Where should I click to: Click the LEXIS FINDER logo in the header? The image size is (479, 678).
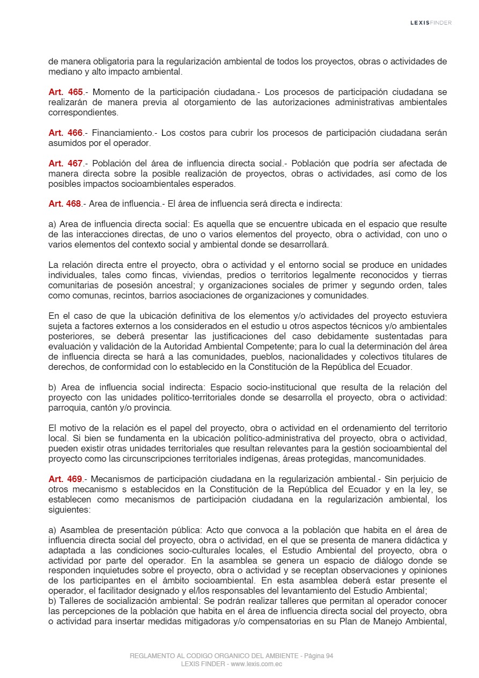(431, 23)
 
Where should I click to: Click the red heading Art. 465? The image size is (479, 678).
(66, 92)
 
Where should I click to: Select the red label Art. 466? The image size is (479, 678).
(66, 133)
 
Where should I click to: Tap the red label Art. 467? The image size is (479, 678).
(66, 163)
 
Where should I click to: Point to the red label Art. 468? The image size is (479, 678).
(64, 203)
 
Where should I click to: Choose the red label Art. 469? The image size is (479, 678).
(66, 479)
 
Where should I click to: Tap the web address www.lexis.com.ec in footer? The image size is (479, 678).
(256, 664)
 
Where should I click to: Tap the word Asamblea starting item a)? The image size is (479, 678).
(78, 530)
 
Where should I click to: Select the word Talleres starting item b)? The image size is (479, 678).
(77, 601)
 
